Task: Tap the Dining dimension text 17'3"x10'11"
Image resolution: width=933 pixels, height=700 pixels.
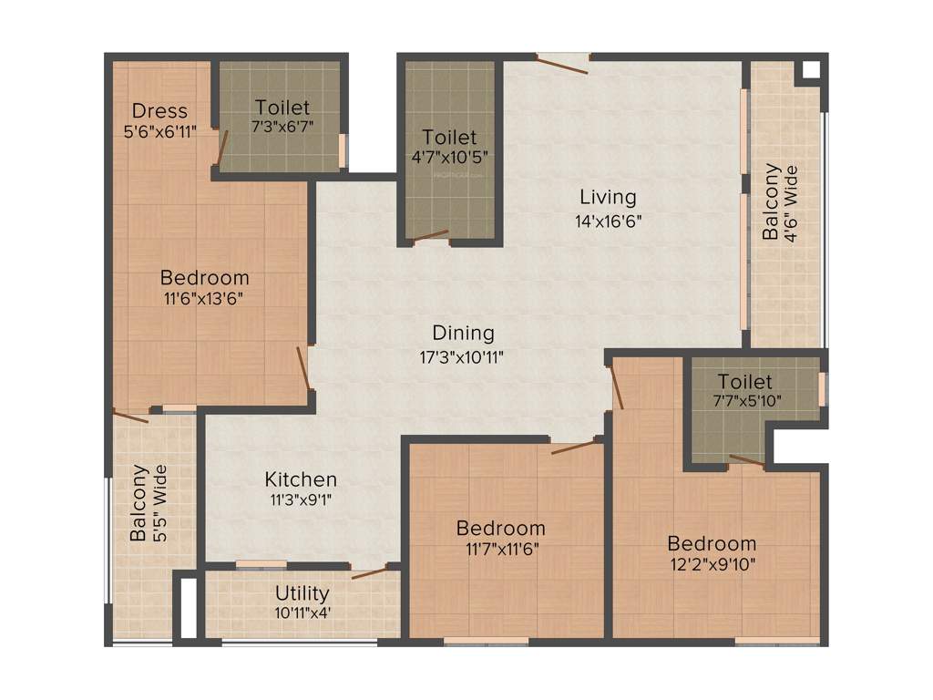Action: click(x=463, y=356)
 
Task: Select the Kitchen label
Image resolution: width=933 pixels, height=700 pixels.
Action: click(x=301, y=479)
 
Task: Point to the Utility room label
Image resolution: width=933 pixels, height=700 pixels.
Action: click(x=302, y=594)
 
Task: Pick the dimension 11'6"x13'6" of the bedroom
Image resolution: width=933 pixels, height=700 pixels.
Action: click(x=204, y=298)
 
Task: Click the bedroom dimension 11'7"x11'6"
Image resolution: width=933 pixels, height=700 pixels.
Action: click(x=500, y=549)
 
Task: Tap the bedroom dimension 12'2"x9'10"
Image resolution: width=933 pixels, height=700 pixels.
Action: click(x=712, y=563)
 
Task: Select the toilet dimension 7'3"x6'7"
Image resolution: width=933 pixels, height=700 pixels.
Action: click(x=282, y=127)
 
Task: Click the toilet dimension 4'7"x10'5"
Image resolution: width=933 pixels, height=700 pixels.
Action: click(x=450, y=157)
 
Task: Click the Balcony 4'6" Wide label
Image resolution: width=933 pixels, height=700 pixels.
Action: click(x=780, y=202)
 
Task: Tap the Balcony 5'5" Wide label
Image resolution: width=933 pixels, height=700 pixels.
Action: click(x=149, y=503)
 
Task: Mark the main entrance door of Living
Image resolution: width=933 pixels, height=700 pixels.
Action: click(x=562, y=63)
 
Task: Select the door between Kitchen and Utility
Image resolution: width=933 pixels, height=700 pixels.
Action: click(x=369, y=572)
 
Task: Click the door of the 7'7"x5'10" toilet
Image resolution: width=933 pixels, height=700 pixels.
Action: click(x=747, y=460)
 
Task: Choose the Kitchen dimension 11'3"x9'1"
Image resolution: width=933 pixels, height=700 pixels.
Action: click(x=301, y=501)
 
